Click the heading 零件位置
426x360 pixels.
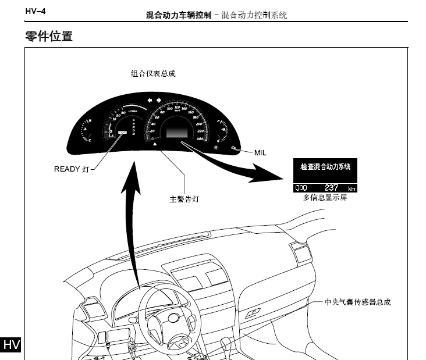pos(49,36)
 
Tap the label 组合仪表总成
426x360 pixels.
pos(153,74)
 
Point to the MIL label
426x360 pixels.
pos(260,152)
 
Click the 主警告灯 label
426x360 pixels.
pos(184,198)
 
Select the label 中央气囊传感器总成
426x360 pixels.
pos(357,302)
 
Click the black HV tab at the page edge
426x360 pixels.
pos(11,344)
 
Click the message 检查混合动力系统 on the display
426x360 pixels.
pos(325,166)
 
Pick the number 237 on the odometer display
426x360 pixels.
pos(331,188)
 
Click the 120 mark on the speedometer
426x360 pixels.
pos(177,106)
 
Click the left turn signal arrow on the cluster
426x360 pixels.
pos(150,99)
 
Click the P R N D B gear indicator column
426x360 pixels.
pos(133,128)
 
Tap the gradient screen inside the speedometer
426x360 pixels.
pos(177,131)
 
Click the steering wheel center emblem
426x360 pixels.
pos(172,318)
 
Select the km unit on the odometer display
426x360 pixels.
pos(351,188)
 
